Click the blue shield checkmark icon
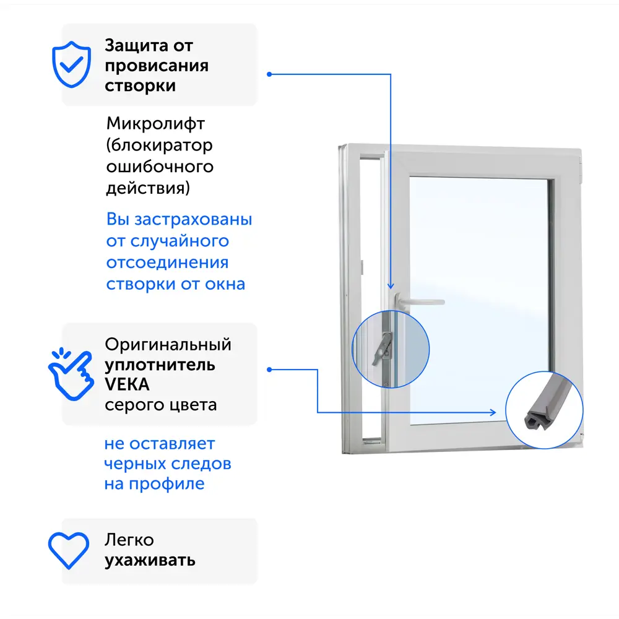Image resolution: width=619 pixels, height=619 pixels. coord(71,64)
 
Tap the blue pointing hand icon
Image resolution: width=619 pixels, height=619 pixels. coord(71,374)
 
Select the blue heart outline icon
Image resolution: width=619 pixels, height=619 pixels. coord(69,550)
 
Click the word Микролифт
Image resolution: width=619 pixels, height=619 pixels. coord(155,124)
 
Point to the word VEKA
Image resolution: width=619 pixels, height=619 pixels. coord(127,384)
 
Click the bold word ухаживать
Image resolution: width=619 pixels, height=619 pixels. coord(150,561)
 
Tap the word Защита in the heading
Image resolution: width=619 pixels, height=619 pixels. coord(137,46)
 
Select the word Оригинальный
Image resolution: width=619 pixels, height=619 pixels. coord(168,345)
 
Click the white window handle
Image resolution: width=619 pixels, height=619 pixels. coord(419,301)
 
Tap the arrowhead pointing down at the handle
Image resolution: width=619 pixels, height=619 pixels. coord(391,286)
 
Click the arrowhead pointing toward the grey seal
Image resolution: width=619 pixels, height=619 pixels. coord(493,412)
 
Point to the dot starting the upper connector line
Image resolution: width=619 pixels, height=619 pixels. coord(269,74)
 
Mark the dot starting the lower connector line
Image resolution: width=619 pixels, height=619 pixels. coord(269,370)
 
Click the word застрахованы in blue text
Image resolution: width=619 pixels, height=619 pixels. coord(193,220)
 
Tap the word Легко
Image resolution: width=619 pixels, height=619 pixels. coord(129,540)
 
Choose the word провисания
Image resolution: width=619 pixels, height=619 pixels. coord(157,66)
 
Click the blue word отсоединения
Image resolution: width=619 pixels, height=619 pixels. coord(167,263)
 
